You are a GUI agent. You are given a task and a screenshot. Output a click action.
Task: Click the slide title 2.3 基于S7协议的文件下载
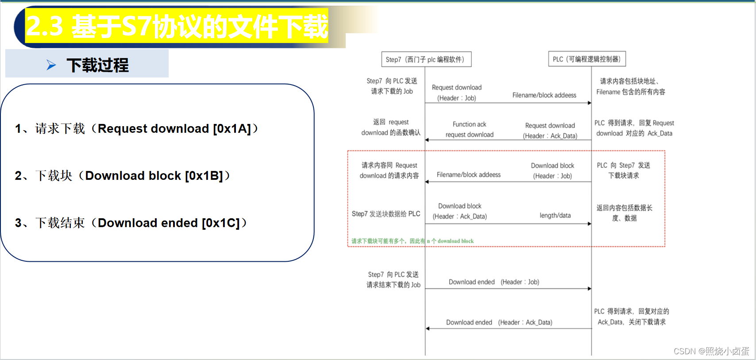[x=177, y=26]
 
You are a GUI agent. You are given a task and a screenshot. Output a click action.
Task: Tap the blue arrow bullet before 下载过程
[x=51, y=65]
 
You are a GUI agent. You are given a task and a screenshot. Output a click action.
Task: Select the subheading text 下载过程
[x=97, y=65]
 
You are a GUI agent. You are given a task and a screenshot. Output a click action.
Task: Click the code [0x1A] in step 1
[x=232, y=129]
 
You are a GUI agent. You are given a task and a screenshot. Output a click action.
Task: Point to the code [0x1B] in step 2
[x=204, y=176]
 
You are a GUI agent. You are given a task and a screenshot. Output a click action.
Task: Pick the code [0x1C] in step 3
[x=220, y=223]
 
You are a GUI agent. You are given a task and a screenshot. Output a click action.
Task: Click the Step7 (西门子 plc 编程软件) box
[x=426, y=59]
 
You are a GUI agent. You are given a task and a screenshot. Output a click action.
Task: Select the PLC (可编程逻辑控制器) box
[x=587, y=59]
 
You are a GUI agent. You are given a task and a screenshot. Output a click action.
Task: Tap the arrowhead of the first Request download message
[x=589, y=103]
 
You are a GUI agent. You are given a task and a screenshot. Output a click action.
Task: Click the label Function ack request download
[x=469, y=129]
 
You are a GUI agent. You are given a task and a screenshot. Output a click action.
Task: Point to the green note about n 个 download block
[x=412, y=241]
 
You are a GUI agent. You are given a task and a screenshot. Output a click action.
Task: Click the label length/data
[x=555, y=216]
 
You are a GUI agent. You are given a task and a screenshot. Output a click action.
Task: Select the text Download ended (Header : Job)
[x=494, y=282]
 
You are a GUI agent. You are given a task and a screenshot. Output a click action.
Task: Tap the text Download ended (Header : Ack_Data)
[x=499, y=322]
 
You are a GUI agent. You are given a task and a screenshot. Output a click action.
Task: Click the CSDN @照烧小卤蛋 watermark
[x=711, y=351]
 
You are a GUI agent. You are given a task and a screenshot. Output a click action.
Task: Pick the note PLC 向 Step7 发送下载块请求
[x=623, y=170]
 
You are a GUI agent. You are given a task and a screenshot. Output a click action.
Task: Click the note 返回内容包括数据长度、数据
[x=624, y=213]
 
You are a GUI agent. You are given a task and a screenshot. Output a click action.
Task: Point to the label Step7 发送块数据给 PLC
[x=386, y=214]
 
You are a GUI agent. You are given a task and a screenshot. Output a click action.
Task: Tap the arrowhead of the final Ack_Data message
[x=428, y=329]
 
